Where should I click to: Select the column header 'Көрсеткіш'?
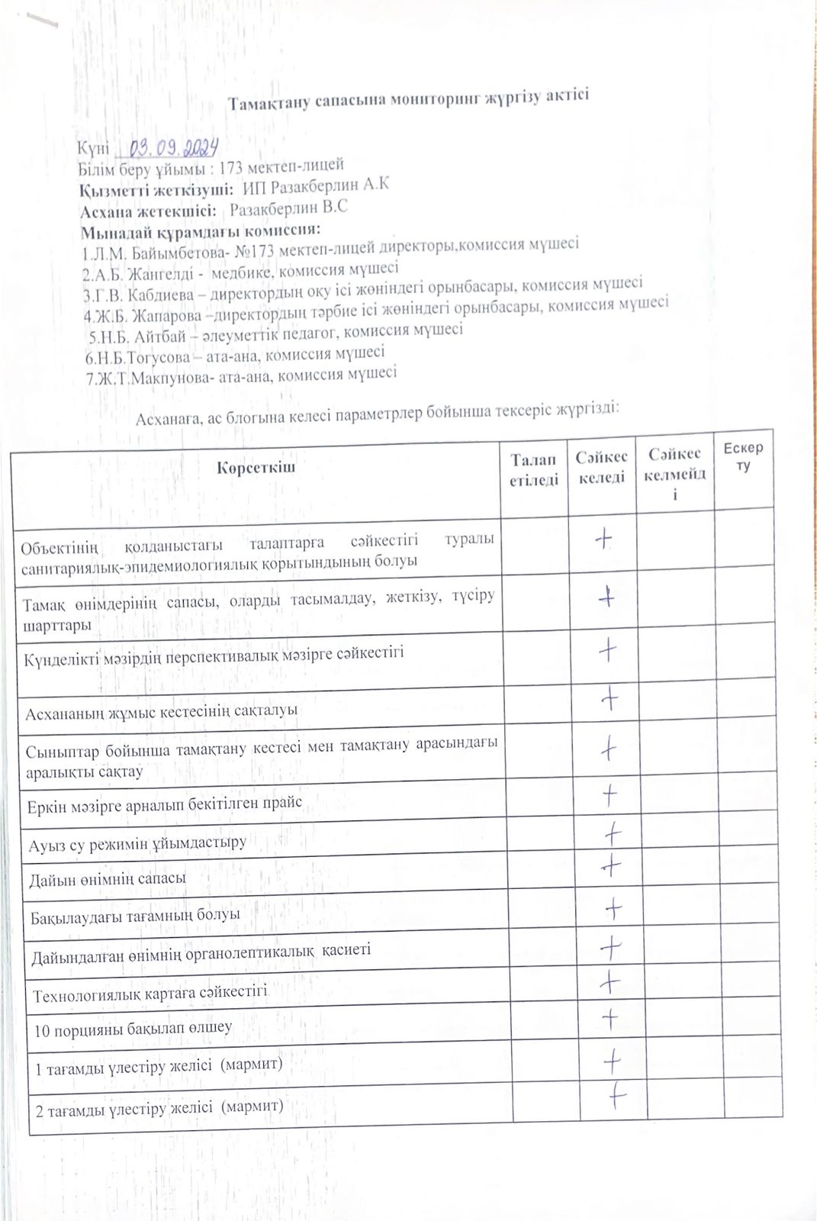point(256,467)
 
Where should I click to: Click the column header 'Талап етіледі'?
point(534,469)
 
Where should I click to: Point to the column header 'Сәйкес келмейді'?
point(675,474)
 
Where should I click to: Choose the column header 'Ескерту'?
point(743,456)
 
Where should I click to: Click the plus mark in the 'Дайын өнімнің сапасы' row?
point(611,866)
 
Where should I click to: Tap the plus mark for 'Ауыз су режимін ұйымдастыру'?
point(612,834)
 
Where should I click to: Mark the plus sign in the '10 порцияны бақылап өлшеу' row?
point(610,1018)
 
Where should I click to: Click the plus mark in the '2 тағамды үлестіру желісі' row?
point(617,1097)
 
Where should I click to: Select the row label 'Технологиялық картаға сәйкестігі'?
point(150,994)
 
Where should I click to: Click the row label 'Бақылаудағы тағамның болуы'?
point(135,915)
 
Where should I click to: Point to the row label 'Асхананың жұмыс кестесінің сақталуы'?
point(161,712)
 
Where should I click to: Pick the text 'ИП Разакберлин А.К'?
point(316,185)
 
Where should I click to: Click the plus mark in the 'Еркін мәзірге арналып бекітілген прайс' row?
point(610,797)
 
